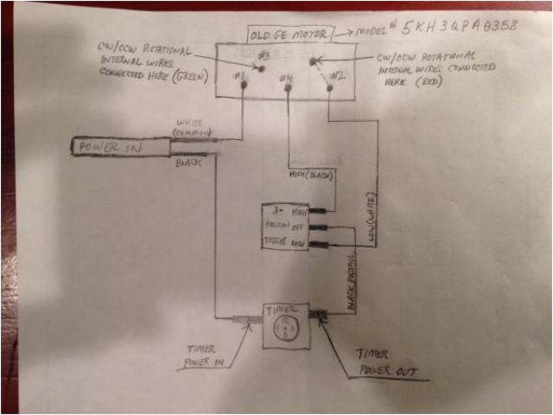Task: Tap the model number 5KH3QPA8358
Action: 454,26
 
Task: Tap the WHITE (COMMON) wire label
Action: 194,128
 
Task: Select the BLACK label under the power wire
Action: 189,163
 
